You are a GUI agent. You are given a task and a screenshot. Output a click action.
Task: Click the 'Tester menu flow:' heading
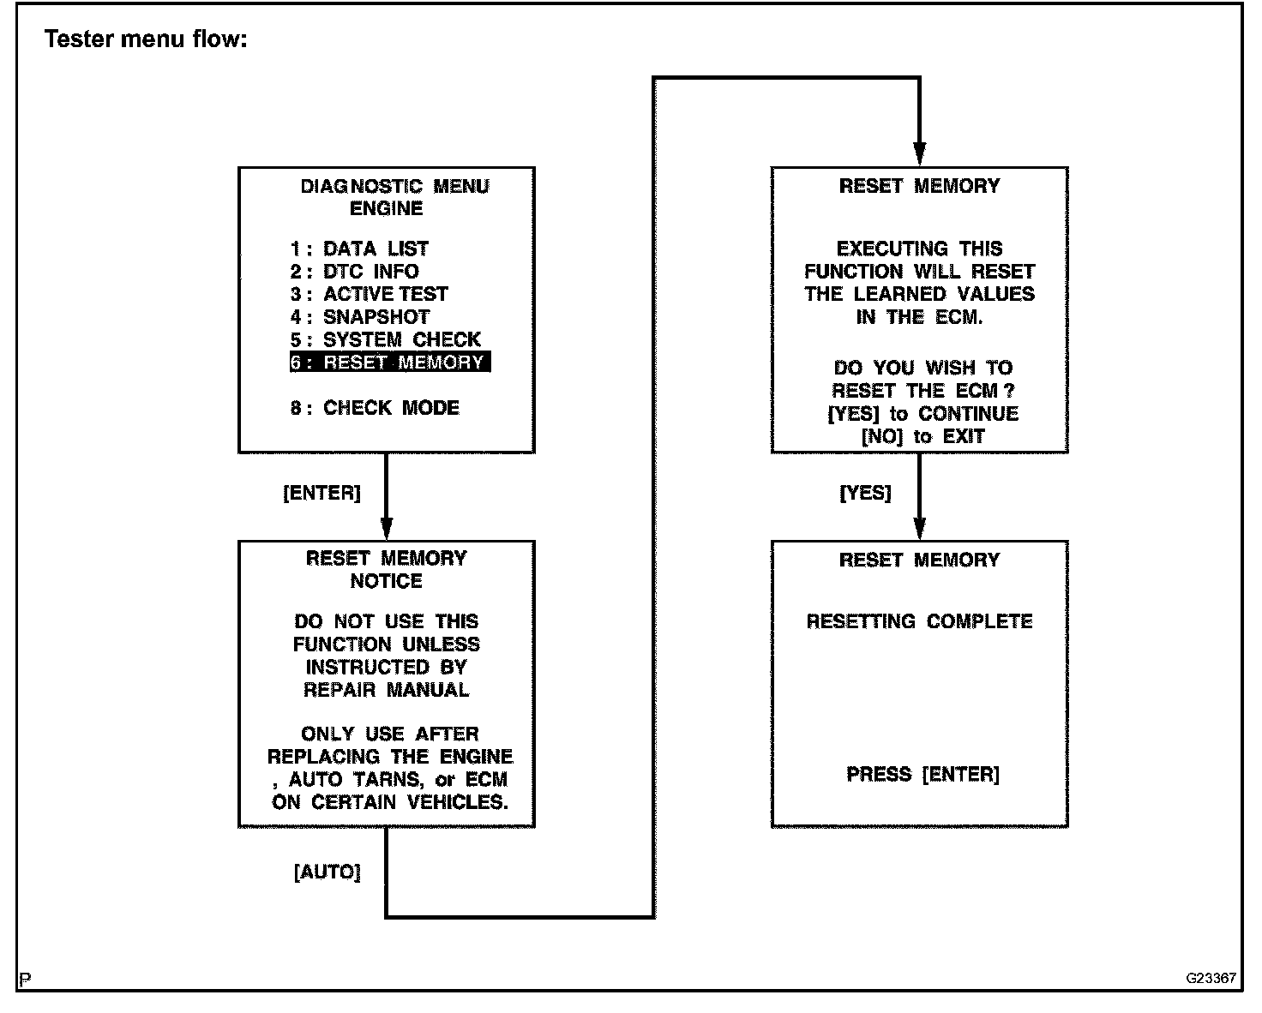pyautogui.click(x=146, y=39)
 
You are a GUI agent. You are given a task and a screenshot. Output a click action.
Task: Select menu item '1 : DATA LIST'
pyautogui.click(x=358, y=249)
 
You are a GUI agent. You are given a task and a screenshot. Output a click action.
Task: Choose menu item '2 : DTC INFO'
pyautogui.click(x=354, y=273)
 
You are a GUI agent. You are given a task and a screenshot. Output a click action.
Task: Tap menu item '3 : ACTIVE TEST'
pyautogui.click(x=369, y=294)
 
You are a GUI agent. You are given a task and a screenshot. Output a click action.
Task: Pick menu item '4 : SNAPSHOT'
pyautogui.click(x=359, y=317)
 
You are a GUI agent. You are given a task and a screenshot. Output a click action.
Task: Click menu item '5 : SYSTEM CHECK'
pyautogui.click(x=385, y=340)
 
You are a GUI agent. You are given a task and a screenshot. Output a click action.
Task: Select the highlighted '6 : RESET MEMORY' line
pyautogui.click(x=389, y=363)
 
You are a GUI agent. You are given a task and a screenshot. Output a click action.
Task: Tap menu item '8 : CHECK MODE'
pyautogui.click(x=375, y=408)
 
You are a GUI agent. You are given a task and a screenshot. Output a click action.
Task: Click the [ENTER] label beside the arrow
pyautogui.click(x=322, y=494)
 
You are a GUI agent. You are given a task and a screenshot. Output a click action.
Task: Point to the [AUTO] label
pyautogui.click(x=328, y=872)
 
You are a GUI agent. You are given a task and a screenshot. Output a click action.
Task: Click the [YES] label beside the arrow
pyautogui.click(x=865, y=494)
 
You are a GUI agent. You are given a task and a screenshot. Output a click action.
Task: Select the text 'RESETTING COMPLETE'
pyautogui.click(x=919, y=621)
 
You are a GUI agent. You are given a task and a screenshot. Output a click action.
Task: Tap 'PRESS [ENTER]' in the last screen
pyautogui.click(x=922, y=775)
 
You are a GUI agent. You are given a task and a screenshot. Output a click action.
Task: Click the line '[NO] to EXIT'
pyautogui.click(x=922, y=437)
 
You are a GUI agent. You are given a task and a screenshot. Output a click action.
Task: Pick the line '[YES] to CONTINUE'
pyautogui.click(x=922, y=414)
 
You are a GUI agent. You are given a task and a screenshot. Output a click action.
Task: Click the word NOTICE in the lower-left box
pyautogui.click(x=386, y=581)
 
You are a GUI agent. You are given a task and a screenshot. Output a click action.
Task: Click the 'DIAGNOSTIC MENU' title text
pyautogui.click(x=394, y=187)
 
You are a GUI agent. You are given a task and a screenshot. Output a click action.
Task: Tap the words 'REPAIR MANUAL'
pyautogui.click(x=386, y=690)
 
